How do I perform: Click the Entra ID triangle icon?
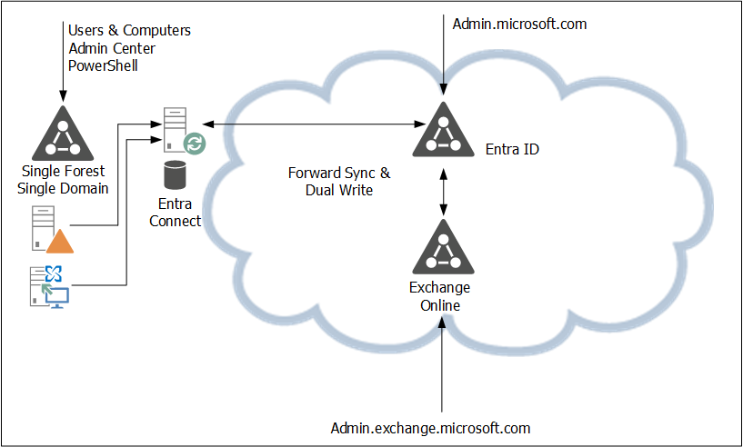pyautogui.click(x=443, y=132)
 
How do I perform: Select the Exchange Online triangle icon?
pyautogui.click(x=443, y=247)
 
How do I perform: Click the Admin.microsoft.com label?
pyautogui.click(x=519, y=25)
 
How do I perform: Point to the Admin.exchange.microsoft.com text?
pyautogui.click(x=430, y=427)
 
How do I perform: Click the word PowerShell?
pyautogui.click(x=103, y=65)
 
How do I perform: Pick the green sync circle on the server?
pyautogui.click(x=195, y=143)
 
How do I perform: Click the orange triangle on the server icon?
pyautogui.click(x=60, y=241)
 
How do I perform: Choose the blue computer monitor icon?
pyautogui.click(x=58, y=295)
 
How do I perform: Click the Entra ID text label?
pyautogui.click(x=512, y=149)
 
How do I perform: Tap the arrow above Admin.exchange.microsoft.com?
pyautogui.click(x=443, y=363)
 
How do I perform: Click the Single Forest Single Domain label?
pyautogui.click(x=63, y=179)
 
